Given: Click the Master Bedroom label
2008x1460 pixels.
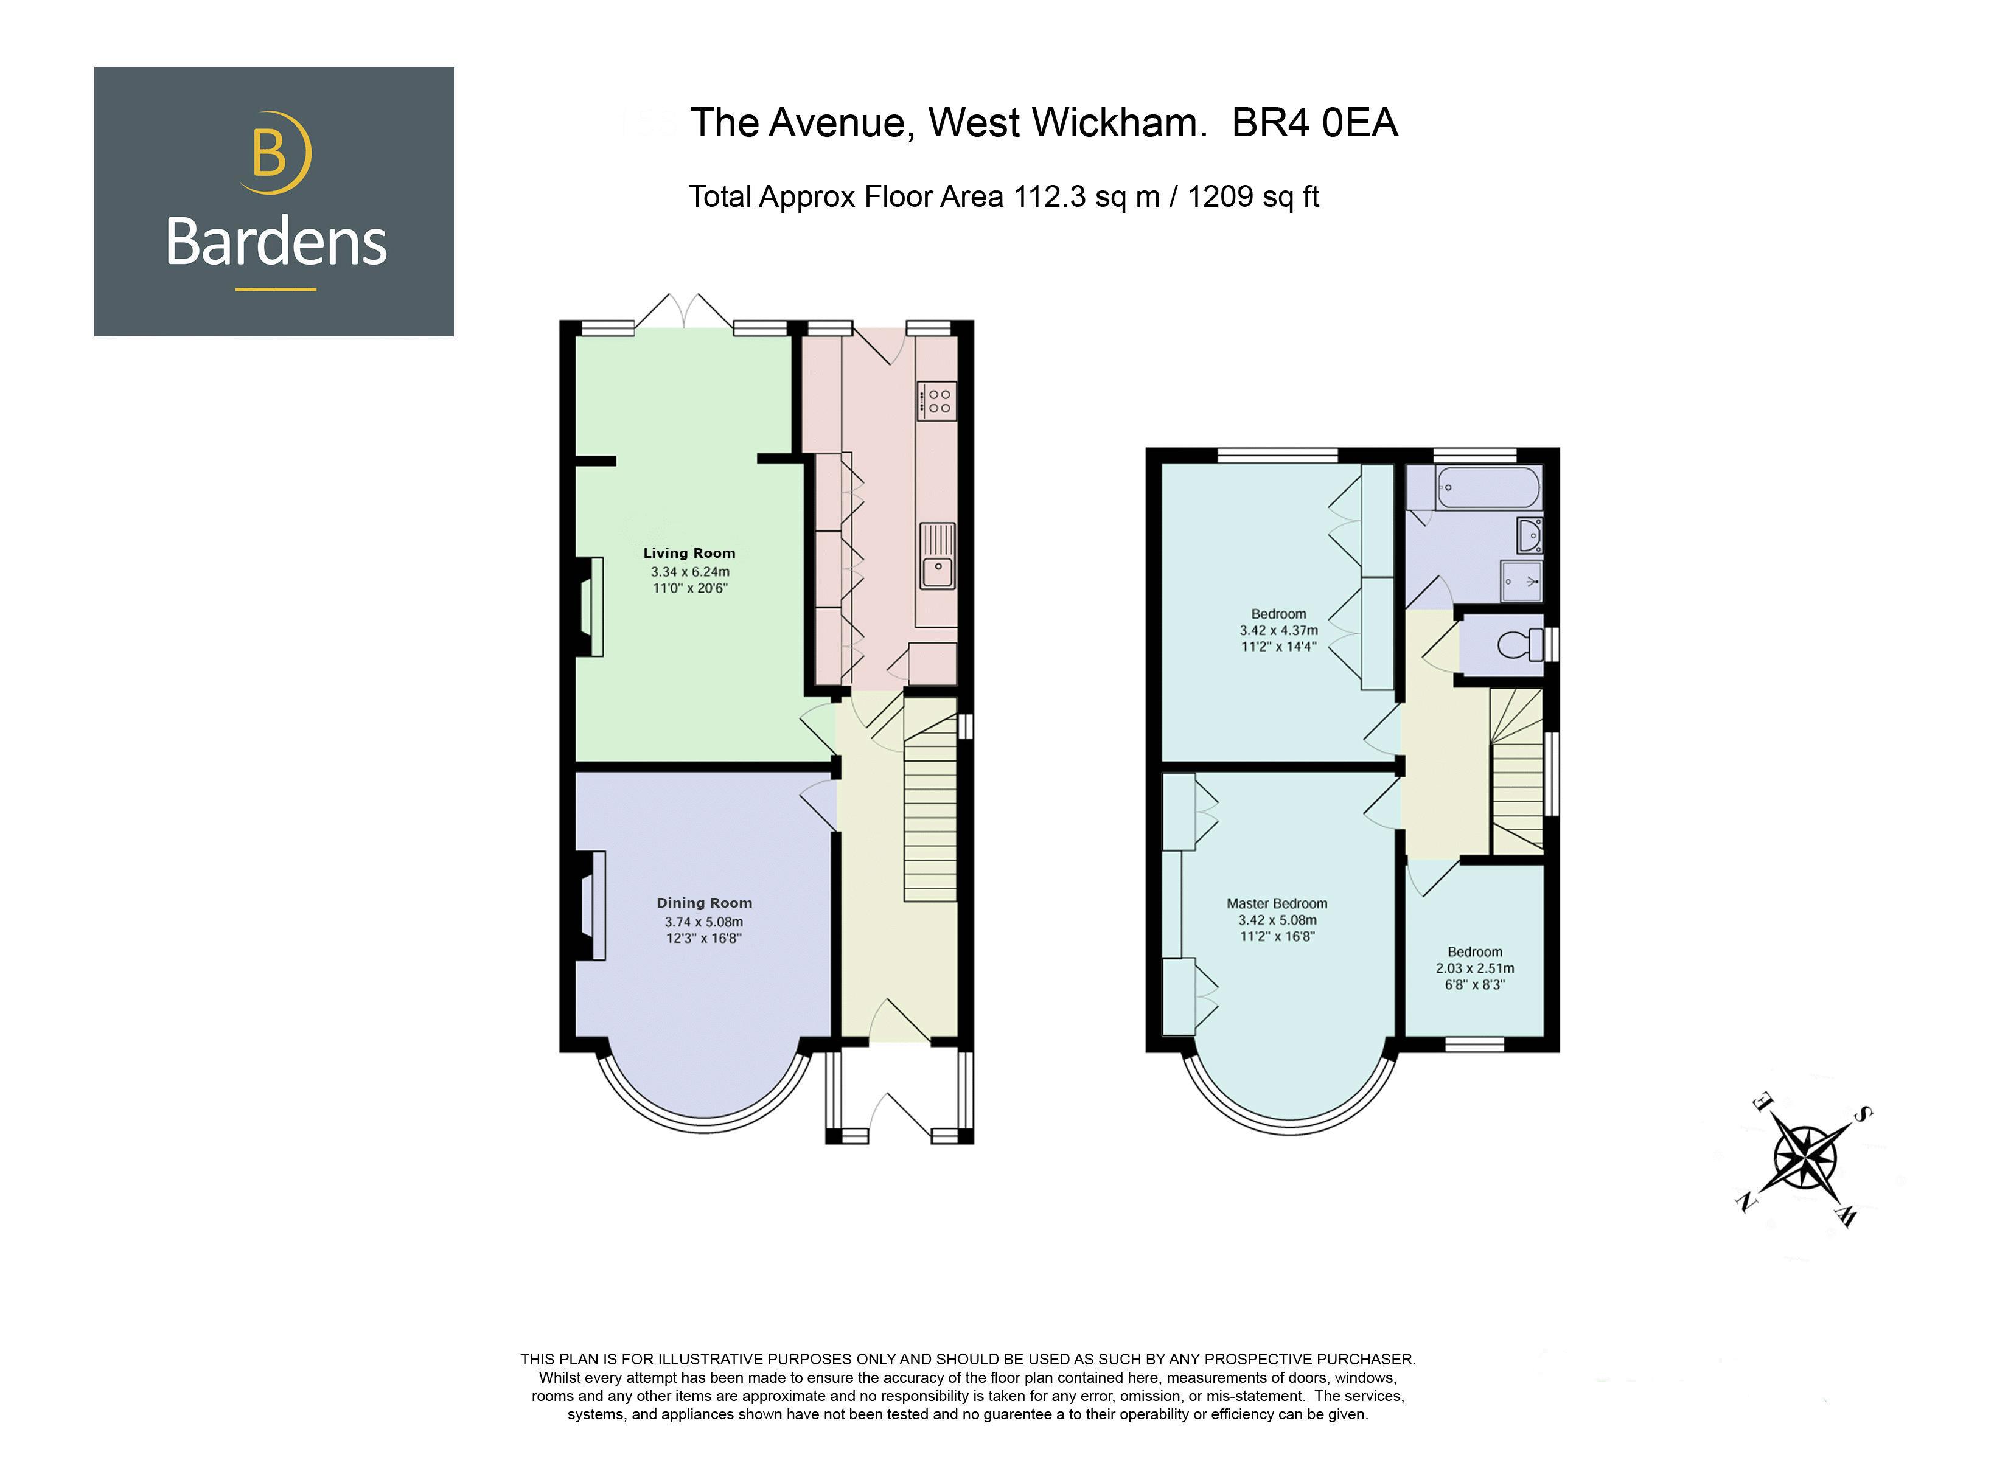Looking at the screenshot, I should (1277, 904).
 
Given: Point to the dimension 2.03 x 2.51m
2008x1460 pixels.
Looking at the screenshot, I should (1475, 968).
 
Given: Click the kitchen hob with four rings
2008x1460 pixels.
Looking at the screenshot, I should (936, 401).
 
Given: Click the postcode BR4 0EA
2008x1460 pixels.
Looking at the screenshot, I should (1314, 123).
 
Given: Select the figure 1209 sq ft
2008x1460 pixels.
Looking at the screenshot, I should (1253, 196).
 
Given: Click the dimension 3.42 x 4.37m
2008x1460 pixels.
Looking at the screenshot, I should (1278, 630).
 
